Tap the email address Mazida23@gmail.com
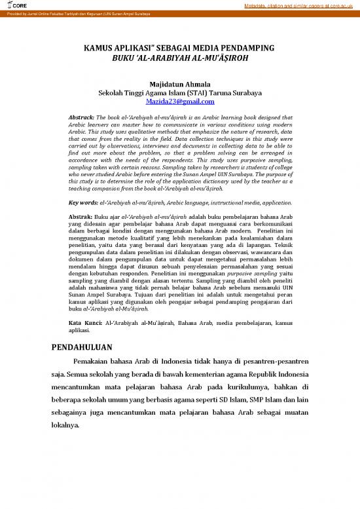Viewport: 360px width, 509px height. pos(179,102)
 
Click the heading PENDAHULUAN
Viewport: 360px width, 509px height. pos(82,347)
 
